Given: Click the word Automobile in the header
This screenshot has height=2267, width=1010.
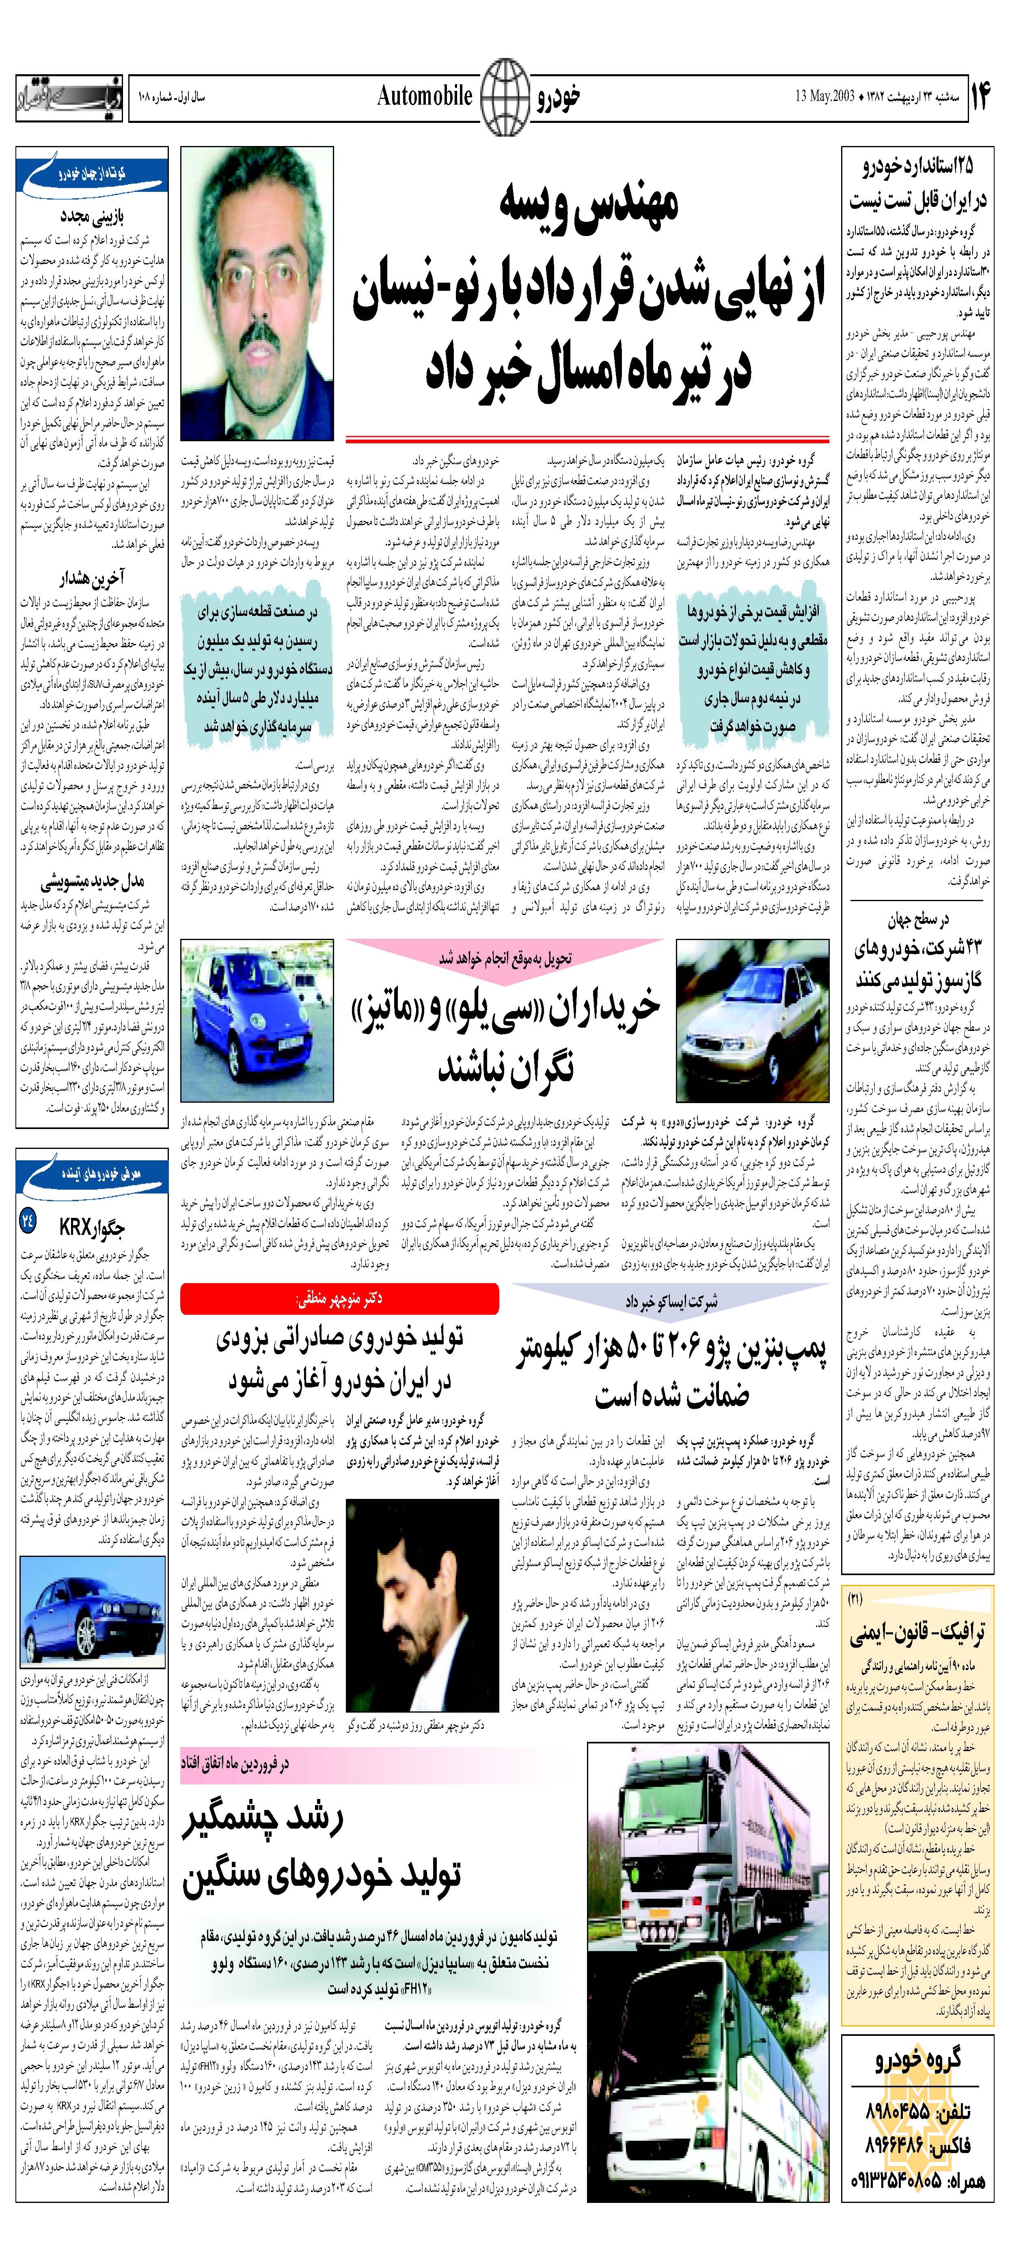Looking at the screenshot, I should click(425, 96).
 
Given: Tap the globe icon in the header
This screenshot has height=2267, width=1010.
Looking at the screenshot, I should click(505, 97).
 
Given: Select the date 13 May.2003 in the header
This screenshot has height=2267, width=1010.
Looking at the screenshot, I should click(826, 96).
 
